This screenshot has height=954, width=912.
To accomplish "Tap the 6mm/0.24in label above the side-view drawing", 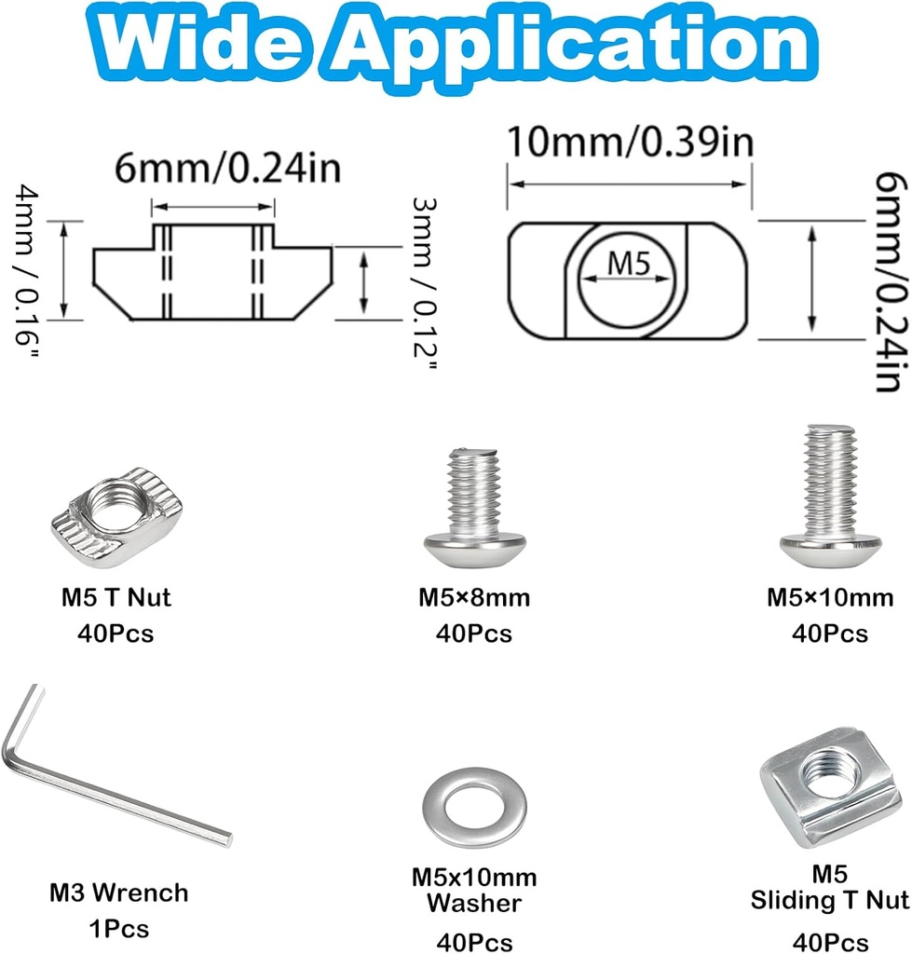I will point(214,170).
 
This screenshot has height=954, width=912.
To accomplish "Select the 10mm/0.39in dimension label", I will point(629,143).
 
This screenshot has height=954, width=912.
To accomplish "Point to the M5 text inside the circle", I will point(628,266).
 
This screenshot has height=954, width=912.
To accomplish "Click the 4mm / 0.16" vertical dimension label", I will point(27,266).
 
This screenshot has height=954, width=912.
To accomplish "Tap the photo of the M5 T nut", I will point(116,517).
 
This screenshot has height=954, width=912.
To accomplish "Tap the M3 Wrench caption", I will point(118,893).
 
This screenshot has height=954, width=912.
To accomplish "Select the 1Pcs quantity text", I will point(117,929).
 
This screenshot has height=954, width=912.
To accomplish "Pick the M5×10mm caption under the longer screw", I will point(830,597).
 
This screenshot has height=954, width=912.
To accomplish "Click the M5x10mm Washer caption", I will point(474,890).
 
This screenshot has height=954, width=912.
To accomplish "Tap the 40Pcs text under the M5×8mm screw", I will point(473,634).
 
